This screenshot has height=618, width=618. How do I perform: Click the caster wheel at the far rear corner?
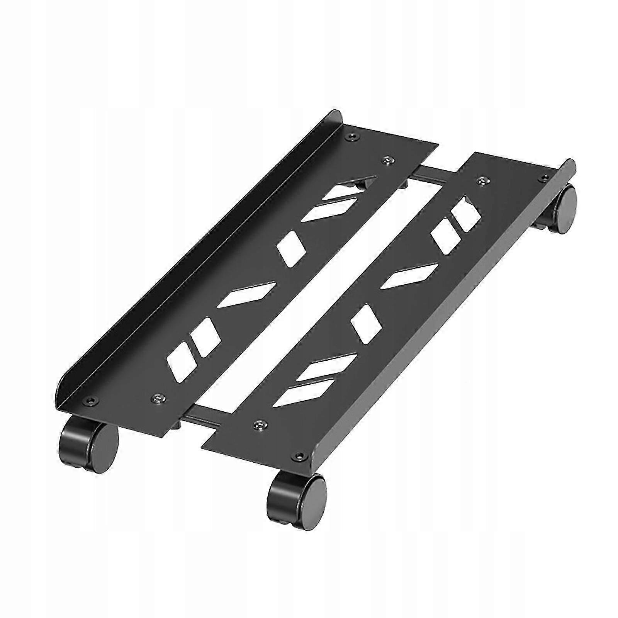pos(560,209)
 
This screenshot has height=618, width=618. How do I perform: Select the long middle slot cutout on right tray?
pos(409,276)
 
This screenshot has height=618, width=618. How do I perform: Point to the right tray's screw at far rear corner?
pos(545,178)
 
